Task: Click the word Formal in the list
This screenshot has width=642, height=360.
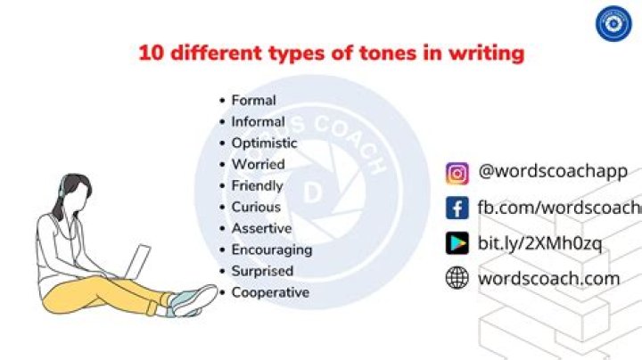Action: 253,101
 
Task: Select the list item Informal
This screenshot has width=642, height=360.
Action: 258,122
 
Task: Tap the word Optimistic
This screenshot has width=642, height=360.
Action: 264,143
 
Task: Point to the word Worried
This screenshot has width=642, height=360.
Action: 258,165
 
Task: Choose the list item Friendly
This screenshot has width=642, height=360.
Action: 257,186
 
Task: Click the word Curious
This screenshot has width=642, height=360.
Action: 256,208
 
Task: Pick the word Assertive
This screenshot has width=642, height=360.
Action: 261,229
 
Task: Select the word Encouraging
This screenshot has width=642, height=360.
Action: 271,250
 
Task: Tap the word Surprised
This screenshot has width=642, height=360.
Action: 262,272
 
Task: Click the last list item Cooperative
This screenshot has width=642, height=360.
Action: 270,293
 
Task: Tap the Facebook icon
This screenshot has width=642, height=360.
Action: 457,209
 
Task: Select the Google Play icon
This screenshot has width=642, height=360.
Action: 457,243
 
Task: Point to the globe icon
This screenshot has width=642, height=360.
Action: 457,278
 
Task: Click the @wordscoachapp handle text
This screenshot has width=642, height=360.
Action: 553,171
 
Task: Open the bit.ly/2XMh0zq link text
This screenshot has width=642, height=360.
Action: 540,243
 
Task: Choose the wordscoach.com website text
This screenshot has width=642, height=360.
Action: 548,278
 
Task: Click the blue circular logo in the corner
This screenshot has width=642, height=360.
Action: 613,24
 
